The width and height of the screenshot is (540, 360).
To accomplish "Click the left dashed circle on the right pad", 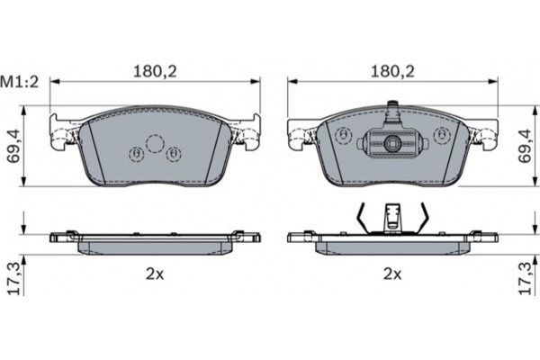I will pyautogui.click(x=342, y=137).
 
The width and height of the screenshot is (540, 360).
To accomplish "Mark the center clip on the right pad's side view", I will pyautogui.click(x=391, y=218).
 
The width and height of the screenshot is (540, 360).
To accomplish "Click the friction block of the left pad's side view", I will pyautogui.click(x=153, y=246).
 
